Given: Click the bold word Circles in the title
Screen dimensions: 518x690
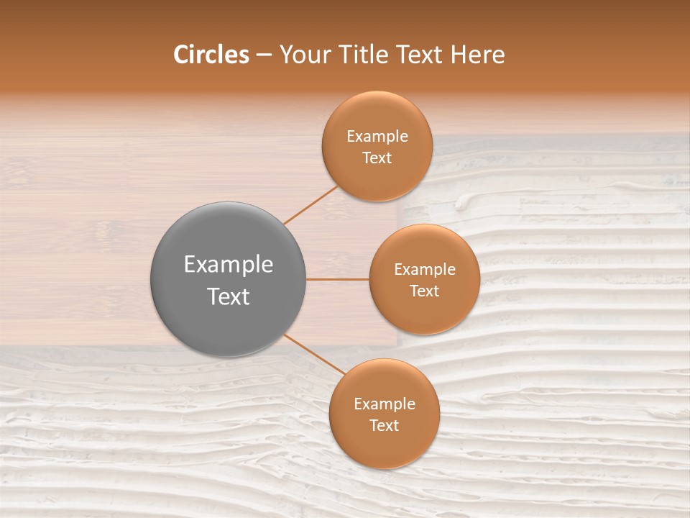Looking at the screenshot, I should [x=211, y=55].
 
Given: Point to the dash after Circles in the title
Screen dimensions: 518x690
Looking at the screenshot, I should [x=264, y=55].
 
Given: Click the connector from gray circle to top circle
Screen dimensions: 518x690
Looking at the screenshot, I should [x=310, y=205].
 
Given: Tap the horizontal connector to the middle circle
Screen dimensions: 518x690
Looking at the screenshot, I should [x=338, y=279].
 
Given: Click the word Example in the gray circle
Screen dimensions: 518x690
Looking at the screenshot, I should [x=229, y=265].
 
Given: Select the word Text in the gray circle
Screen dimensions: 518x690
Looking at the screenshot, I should [x=229, y=296].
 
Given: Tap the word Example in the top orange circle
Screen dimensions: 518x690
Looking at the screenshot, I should [x=377, y=137].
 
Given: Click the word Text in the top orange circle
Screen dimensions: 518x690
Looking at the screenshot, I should [x=377, y=158].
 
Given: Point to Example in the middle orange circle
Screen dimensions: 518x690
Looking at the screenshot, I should [x=425, y=270].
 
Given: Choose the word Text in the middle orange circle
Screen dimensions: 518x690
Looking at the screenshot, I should [x=425, y=291].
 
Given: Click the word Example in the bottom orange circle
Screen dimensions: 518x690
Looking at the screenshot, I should [x=385, y=404].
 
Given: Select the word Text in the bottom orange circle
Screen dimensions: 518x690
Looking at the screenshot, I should [x=385, y=426].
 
